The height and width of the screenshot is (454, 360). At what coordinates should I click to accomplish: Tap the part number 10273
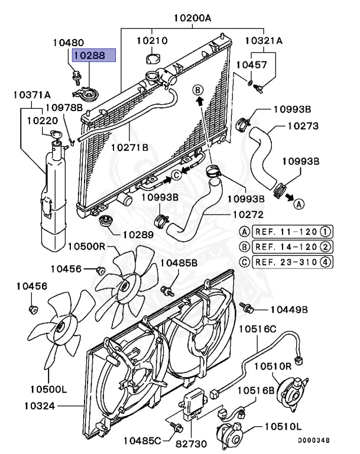(303, 126)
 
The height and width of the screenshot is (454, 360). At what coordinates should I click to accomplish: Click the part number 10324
(40, 406)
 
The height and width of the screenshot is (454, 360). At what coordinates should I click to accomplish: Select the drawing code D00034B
(313, 440)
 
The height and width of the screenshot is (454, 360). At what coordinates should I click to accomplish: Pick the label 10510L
(282, 426)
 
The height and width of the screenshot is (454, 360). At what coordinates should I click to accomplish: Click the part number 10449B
(289, 309)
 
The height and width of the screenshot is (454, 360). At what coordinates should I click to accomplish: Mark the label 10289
(138, 234)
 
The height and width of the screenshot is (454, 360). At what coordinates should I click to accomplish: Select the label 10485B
(179, 262)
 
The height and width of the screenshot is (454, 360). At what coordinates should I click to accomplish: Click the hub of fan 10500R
(125, 286)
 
